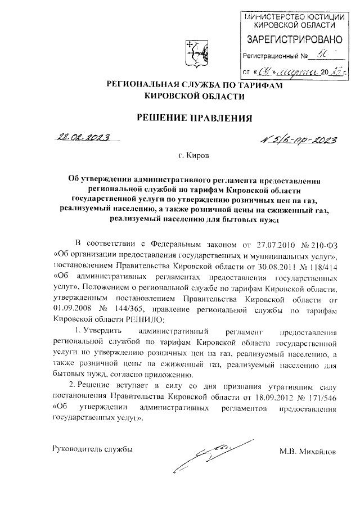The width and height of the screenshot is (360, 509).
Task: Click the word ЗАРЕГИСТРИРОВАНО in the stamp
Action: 295,39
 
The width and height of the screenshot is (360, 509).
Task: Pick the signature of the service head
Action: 204,457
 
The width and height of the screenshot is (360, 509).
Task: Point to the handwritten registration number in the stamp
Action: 321,55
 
